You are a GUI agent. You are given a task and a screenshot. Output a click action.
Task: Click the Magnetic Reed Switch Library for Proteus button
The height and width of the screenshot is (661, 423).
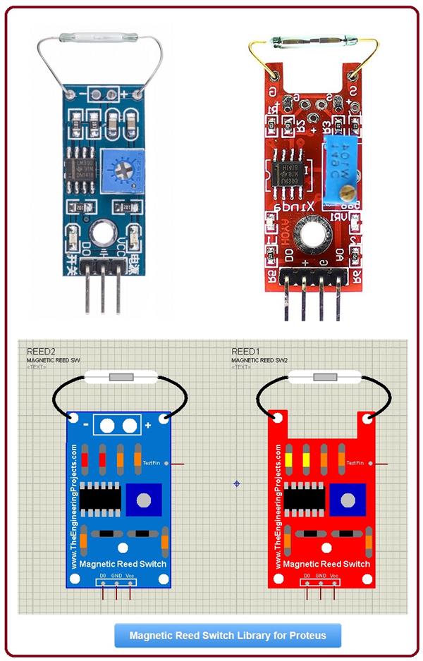pyautogui.click(x=228, y=635)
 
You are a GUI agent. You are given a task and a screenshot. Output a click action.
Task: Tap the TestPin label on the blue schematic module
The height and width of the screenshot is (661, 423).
pyautogui.click(x=152, y=463)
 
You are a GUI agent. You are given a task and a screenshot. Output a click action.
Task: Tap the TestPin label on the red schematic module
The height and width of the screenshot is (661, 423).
pyautogui.click(x=355, y=463)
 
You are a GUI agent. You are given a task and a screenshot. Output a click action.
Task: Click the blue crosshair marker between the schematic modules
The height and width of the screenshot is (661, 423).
pyautogui.click(x=237, y=483)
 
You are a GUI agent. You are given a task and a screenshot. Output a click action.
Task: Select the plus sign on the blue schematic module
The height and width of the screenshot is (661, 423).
pyautogui.click(x=148, y=426)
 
